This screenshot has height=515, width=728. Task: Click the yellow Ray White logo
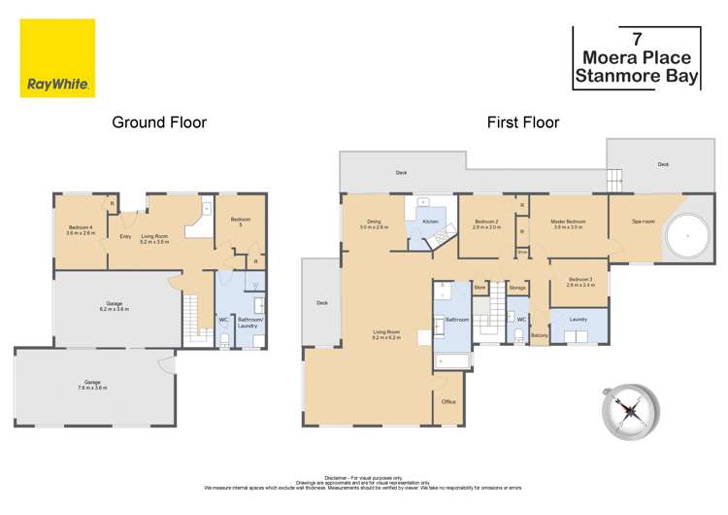(56, 57)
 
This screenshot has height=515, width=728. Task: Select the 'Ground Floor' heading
(159, 122)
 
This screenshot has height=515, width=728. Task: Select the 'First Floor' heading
(523, 122)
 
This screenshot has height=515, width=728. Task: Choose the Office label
(448, 401)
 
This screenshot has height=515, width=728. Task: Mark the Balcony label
(540, 336)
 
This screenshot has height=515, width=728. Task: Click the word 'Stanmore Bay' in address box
(636, 77)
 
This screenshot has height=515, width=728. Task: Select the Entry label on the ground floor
(125, 235)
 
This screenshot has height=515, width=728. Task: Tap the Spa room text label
(644, 222)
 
